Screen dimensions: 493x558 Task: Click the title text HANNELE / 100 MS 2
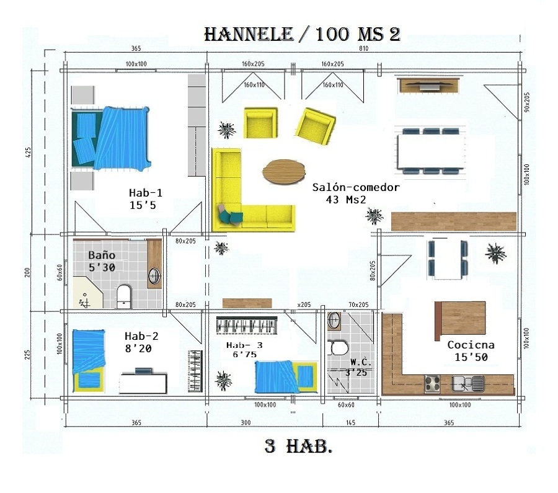click(x=302, y=34)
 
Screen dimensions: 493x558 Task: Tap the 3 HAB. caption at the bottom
click(x=298, y=446)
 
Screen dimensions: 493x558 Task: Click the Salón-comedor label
click(x=356, y=187)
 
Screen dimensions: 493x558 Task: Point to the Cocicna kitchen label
click(x=471, y=345)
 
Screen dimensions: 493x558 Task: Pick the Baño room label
click(x=102, y=255)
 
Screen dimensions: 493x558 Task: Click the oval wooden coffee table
click(x=284, y=172)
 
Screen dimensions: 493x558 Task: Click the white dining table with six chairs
click(x=430, y=151)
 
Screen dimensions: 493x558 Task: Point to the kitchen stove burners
click(x=432, y=383)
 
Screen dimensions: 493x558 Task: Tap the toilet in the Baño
click(x=123, y=296)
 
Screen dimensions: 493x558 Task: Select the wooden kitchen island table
click(x=459, y=320)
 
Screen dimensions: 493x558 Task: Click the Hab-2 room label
click(x=141, y=337)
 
